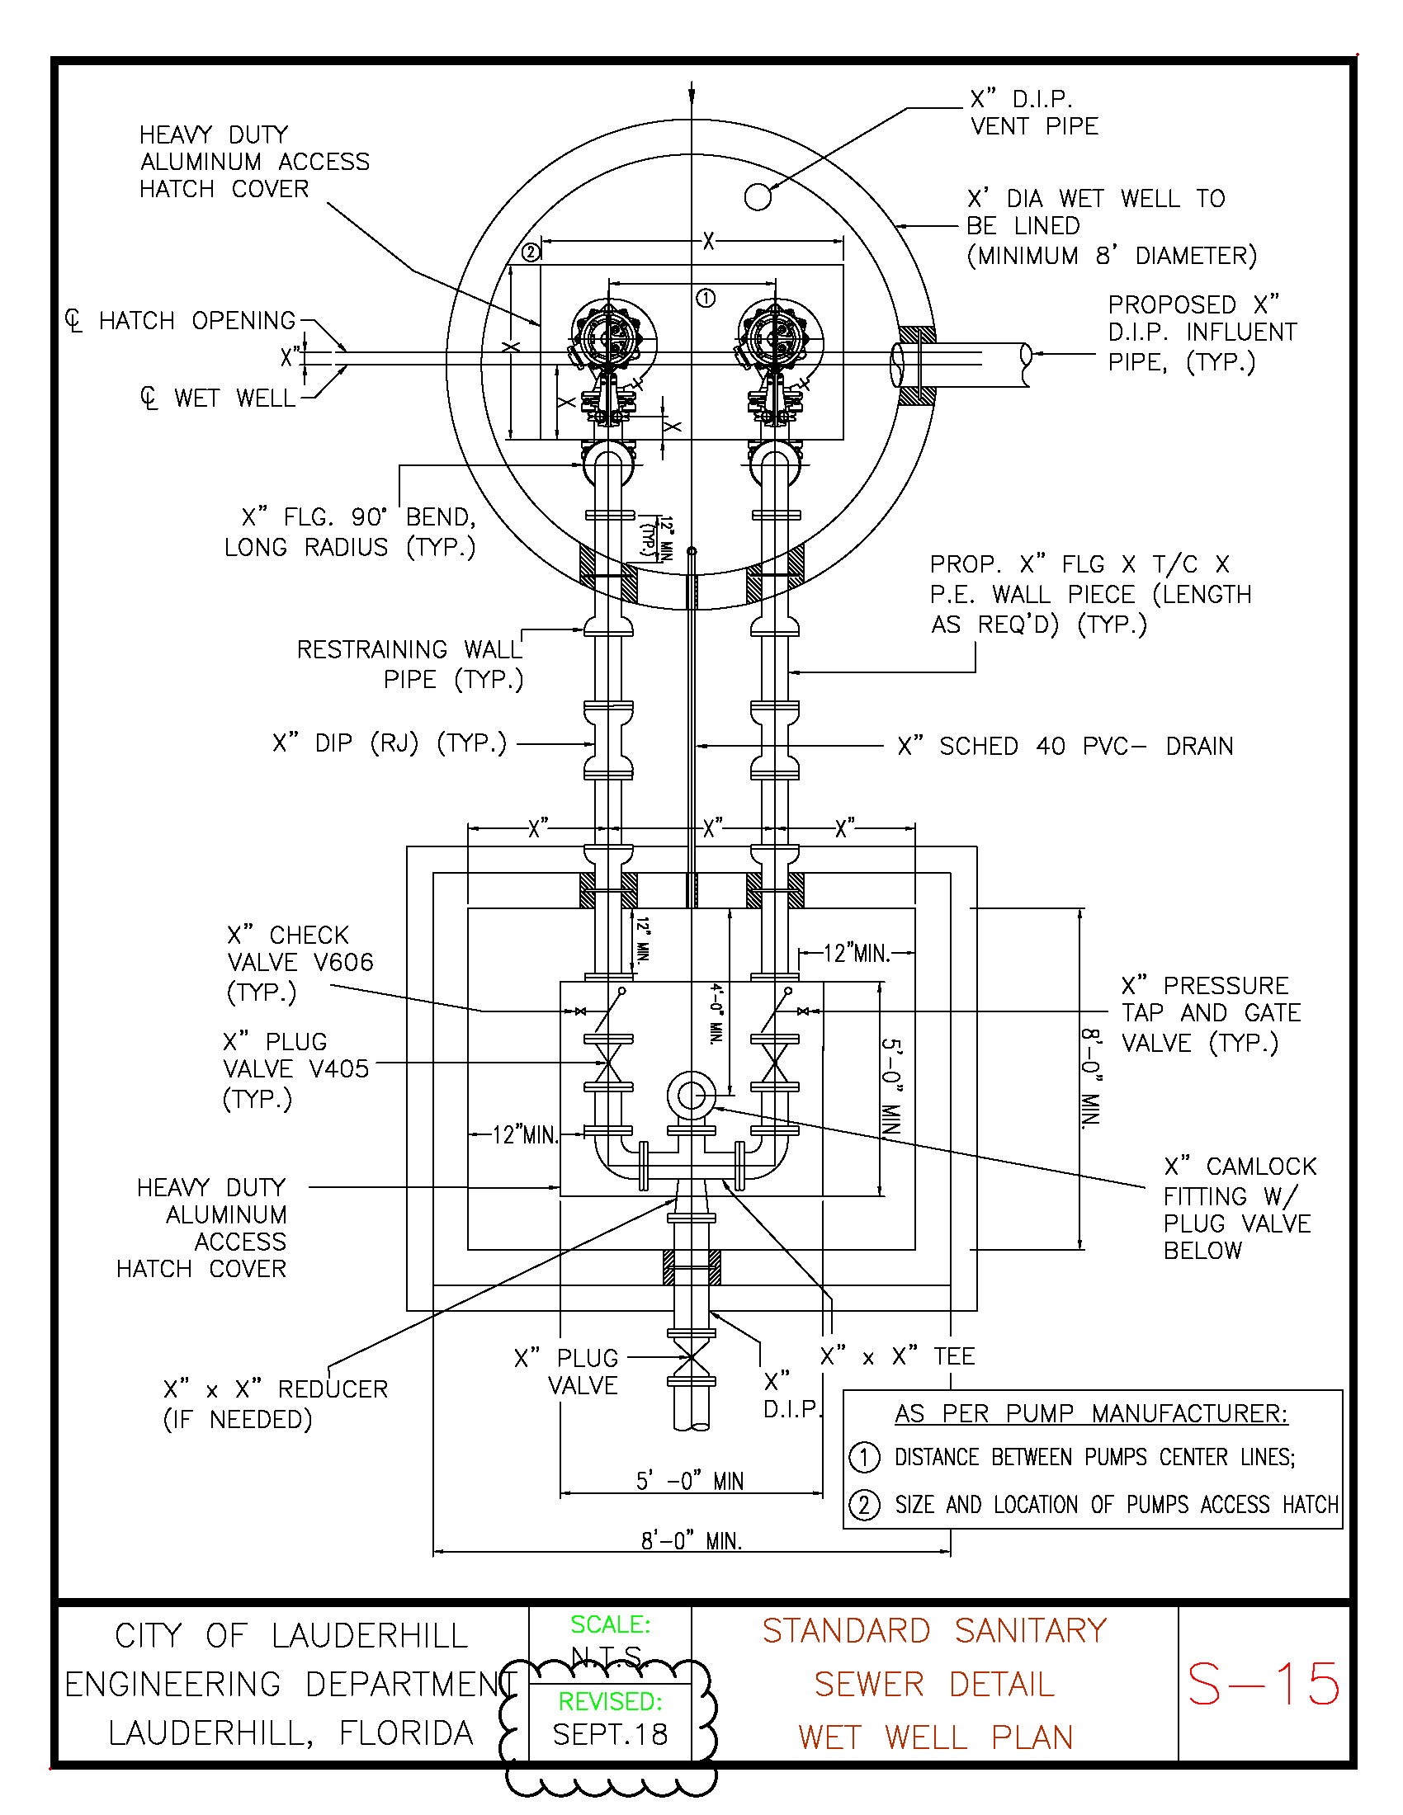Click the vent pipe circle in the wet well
click(757, 197)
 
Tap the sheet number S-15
click(1264, 1684)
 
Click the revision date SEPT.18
click(610, 1734)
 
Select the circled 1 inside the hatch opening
click(706, 298)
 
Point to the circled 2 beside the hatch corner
click(531, 252)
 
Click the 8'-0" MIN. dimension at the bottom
click(691, 1541)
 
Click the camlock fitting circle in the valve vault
click(691, 1096)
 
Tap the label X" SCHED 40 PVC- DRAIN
click(1065, 746)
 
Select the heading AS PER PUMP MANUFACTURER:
click(1091, 1412)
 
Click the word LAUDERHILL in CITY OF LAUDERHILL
click(370, 1635)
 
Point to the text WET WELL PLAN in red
click(935, 1737)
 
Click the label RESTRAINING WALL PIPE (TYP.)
click(410, 664)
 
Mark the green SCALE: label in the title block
click(610, 1624)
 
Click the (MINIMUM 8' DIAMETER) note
click(1112, 255)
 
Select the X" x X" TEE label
click(897, 1356)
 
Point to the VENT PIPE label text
click(1035, 126)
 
